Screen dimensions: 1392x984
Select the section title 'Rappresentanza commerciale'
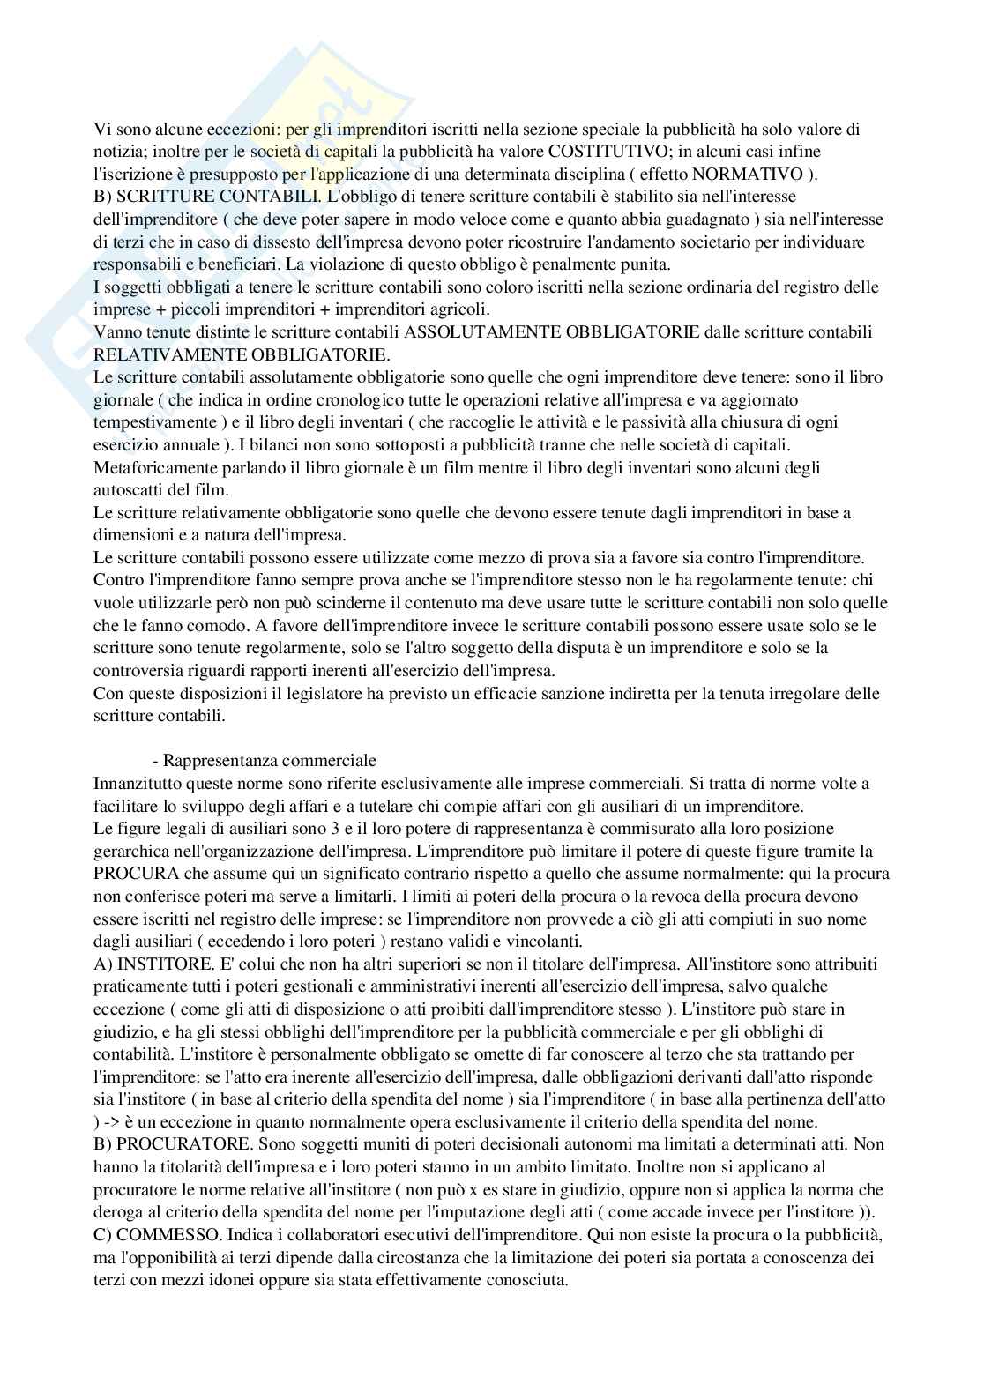coord(270,760)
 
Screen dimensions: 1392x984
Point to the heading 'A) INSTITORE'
coord(155,964)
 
